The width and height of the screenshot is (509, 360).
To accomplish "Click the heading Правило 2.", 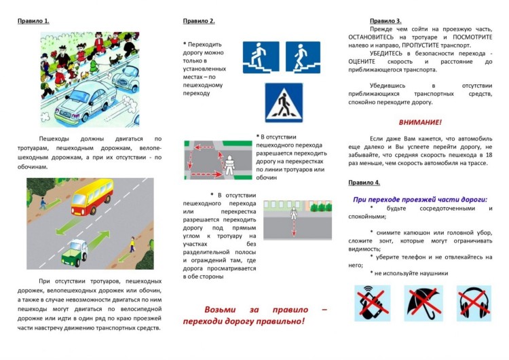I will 198,20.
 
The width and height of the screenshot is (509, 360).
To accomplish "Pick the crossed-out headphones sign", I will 473,302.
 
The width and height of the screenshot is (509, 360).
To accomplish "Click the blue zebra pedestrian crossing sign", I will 283,103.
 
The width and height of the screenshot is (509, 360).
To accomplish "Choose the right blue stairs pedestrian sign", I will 302,57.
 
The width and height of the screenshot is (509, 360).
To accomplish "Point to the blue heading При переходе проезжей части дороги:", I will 420,199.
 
